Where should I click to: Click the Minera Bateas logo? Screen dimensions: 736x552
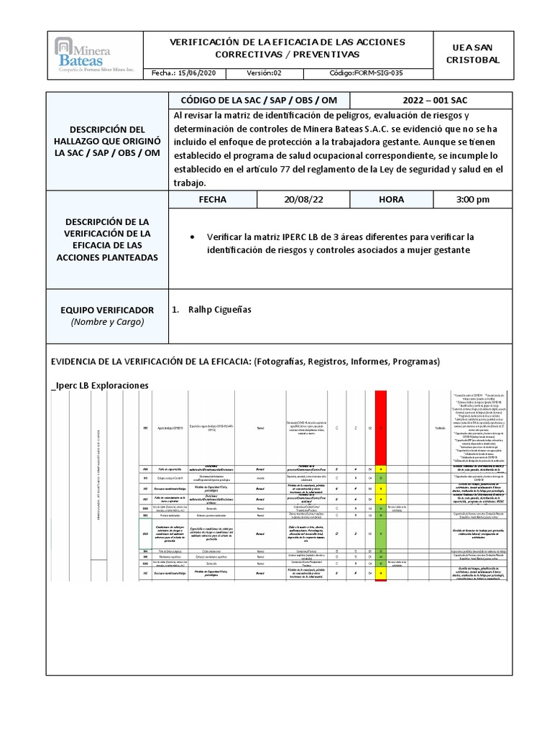click(x=95, y=55)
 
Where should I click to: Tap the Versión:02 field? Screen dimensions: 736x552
click(x=264, y=73)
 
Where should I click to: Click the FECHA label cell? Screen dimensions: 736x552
click(x=212, y=199)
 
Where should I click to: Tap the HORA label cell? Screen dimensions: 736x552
click(x=391, y=199)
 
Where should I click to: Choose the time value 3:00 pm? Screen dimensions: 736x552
click(x=472, y=199)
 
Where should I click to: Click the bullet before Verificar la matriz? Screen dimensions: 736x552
click(x=190, y=236)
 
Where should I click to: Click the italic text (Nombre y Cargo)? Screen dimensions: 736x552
click(x=107, y=322)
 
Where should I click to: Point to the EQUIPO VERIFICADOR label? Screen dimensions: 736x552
click(x=107, y=310)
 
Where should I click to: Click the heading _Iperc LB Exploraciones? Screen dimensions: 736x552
click(x=100, y=385)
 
